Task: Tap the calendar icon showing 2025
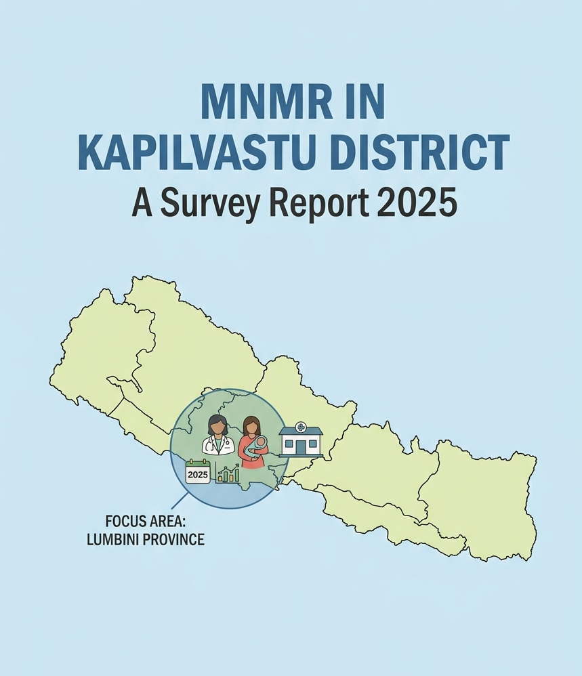click(198, 473)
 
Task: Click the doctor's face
click(217, 427)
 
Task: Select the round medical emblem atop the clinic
click(301, 427)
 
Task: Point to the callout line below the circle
click(179, 501)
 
